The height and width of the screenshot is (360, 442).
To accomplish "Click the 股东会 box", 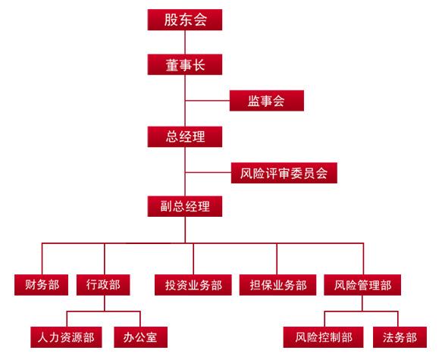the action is (185, 20).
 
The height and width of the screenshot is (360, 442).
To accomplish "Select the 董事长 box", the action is (185, 64).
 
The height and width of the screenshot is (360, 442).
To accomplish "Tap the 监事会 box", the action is (267, 101).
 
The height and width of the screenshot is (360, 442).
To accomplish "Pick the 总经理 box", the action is (185, 136).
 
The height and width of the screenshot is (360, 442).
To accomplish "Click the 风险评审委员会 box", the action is (284, 173).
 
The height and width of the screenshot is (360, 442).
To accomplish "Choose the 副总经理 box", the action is (185, 206).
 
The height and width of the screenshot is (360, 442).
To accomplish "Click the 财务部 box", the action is (42, 285).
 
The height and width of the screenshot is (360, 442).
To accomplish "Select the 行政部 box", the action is (103, 285).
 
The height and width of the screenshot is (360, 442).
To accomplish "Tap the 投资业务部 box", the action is (193, 285).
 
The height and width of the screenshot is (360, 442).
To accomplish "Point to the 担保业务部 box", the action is (277, 285).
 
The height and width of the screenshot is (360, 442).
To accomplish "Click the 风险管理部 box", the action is (362, 285).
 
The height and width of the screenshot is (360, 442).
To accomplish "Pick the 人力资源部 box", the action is (66, 337).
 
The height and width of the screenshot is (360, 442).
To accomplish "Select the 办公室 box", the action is (141, 337).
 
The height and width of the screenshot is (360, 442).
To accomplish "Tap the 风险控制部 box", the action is (323, 337).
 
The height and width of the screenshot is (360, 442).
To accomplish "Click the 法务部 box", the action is (400, 337).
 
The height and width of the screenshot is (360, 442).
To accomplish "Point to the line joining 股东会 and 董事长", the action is (185, 42).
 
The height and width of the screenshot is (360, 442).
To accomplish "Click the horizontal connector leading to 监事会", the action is (208, 100).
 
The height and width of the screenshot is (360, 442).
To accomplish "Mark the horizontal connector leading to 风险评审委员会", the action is (208, 172).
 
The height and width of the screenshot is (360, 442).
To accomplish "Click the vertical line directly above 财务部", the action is (42, 258).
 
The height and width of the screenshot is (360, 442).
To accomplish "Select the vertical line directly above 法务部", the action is (398, 319).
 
